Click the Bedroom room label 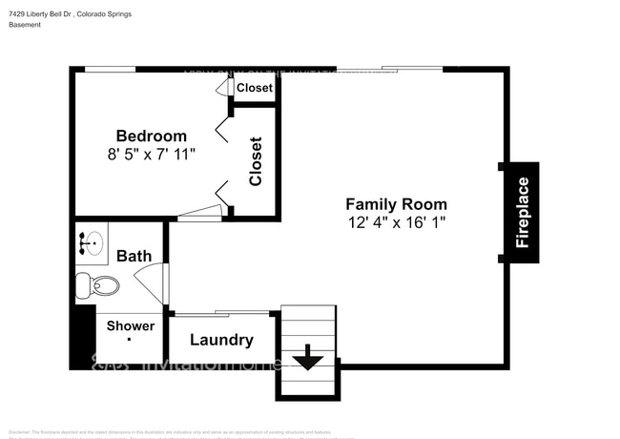coord(151,136)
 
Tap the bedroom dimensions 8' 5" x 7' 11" coord(151,153)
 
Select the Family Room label coord(395,204)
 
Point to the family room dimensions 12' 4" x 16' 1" coord(395,222)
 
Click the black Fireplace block coord(522,213)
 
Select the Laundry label coord(221,340)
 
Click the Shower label coord(130,326)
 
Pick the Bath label coord(134,256)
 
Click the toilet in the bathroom coord(98,284)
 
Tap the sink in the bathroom coord(92,243)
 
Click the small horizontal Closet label coord(254,88)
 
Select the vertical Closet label coord(256,161)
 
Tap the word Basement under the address coord(25,26)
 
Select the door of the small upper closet coord(224,87)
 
